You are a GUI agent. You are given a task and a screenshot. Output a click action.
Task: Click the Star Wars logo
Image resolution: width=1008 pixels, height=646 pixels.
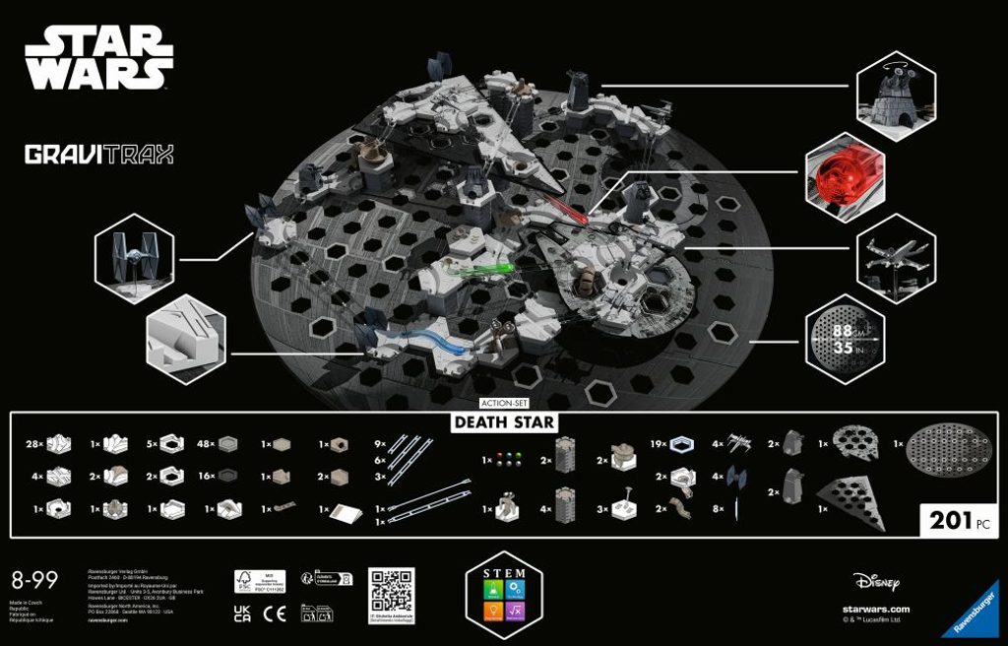(98, 60)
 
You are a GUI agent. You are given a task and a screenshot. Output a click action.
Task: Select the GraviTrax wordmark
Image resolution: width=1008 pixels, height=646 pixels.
(98, 155)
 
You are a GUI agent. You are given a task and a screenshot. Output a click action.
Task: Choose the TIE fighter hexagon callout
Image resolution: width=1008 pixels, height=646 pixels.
(135, 258)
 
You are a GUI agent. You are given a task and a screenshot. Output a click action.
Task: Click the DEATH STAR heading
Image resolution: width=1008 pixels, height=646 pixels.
(504, 422)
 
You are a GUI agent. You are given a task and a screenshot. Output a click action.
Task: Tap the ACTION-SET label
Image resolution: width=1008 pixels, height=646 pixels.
(504, 404)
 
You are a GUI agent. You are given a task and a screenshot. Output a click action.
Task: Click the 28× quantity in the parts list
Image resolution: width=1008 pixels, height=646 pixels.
(33, 444)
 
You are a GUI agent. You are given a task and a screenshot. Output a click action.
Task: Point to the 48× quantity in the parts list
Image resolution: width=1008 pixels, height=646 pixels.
(206, 444)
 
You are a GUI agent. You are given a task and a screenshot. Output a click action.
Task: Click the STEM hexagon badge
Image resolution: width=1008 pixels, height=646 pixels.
(504, 595)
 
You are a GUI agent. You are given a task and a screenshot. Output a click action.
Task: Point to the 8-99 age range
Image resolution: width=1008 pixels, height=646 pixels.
(31, 579)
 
